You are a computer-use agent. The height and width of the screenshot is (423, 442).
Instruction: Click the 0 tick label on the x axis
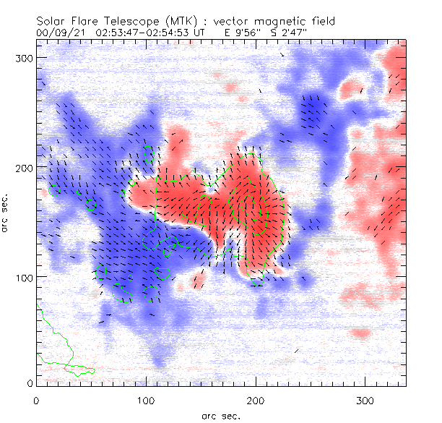pyautogui.click(x=36, y=400)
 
